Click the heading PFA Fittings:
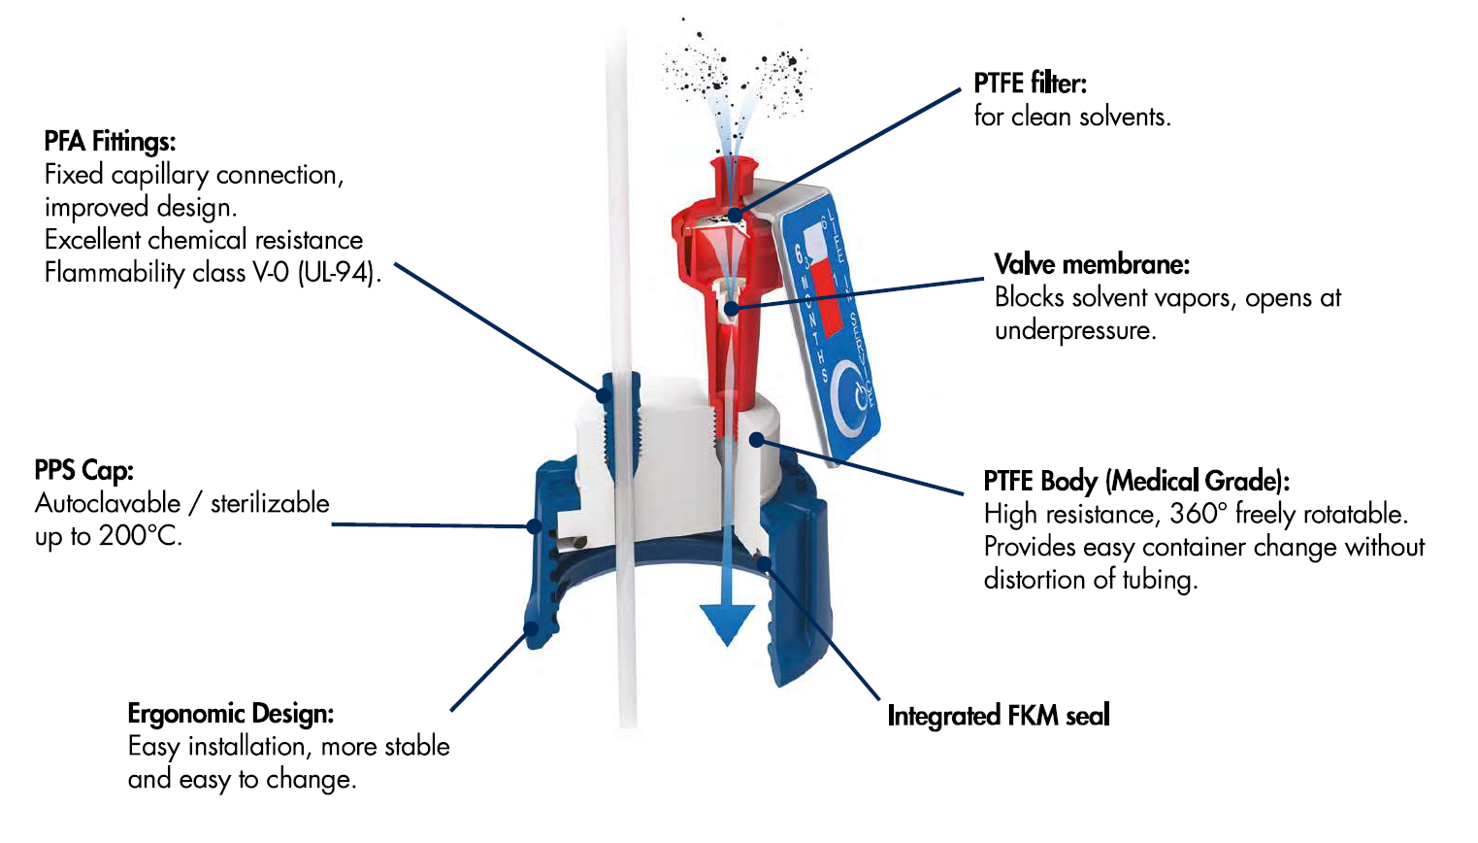coord(110,142)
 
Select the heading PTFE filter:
coord(1030,84)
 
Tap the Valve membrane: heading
coord(1092,264)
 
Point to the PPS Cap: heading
coord(83,470)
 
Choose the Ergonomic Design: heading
coord(230,714)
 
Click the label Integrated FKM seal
coord(998,716)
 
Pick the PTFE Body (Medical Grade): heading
coord(1135,481)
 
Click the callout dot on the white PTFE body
coord(757,441)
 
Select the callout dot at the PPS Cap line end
coord(534,525)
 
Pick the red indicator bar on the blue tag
coord(825,291)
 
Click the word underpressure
coord(1074,330)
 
